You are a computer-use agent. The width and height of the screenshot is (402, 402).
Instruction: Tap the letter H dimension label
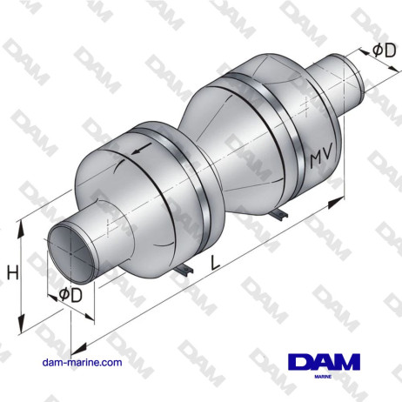tap(12, 273)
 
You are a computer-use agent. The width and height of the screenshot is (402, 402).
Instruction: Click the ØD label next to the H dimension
tap(71, 295)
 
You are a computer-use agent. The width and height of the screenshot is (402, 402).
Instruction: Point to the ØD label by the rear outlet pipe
tap(383, 50)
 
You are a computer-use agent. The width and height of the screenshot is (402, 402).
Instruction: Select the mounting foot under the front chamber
tap(185, 272)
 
